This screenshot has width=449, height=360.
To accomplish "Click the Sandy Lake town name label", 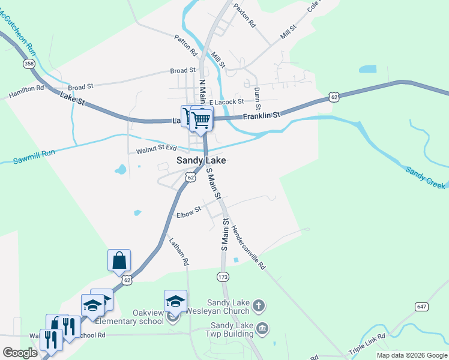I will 201,160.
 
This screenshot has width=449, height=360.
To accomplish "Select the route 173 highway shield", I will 223,277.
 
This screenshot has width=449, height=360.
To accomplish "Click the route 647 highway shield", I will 422,307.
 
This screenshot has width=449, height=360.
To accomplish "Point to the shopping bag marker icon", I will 119,261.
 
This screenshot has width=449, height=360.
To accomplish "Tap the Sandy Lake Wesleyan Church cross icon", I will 258,306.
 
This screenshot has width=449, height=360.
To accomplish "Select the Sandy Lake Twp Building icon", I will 262,328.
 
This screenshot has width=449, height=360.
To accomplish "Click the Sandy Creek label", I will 426,178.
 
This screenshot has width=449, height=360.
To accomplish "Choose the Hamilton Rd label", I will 26,91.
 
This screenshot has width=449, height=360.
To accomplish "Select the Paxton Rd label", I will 245,16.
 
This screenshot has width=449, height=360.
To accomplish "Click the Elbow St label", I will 188,213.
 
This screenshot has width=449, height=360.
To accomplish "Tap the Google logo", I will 20,352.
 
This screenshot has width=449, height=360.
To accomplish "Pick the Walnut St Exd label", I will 157,149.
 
